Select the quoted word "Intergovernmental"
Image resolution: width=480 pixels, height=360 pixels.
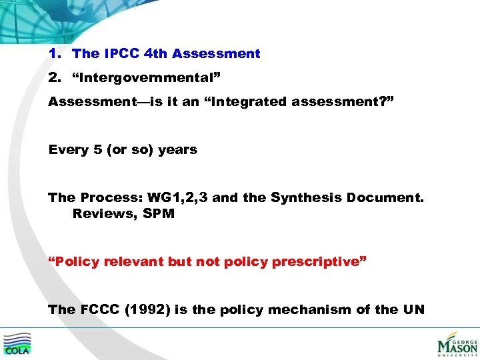coord(147,78)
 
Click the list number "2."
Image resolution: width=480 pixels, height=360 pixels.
coord(55,78)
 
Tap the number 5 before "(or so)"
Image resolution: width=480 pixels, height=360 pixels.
coord(97,150)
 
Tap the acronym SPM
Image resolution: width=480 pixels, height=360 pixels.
coord(159,214)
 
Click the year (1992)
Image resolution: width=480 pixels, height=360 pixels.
coord(147,309)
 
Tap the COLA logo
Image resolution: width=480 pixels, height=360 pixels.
coord(17,343)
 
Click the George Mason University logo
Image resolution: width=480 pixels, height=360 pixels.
coord(457,344)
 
